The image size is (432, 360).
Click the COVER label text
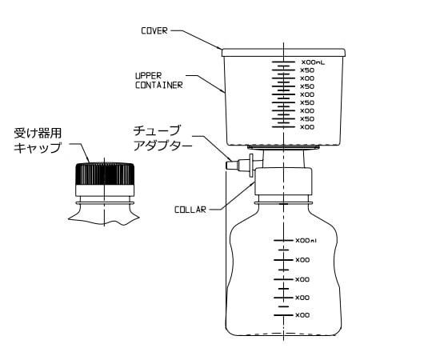coord(154,33)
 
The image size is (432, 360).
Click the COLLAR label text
coord(190,210)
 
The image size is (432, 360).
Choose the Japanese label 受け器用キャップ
coord(41,139)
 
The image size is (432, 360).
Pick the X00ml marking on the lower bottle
coord(306,240)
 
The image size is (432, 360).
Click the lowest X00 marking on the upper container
coord(306,126)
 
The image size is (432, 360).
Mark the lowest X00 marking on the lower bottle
coord(302,315)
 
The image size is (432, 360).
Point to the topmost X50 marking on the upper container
coord(306,70)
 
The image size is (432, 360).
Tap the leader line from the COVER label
coord(196,38)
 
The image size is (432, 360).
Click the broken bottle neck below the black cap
coord(103,212)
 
